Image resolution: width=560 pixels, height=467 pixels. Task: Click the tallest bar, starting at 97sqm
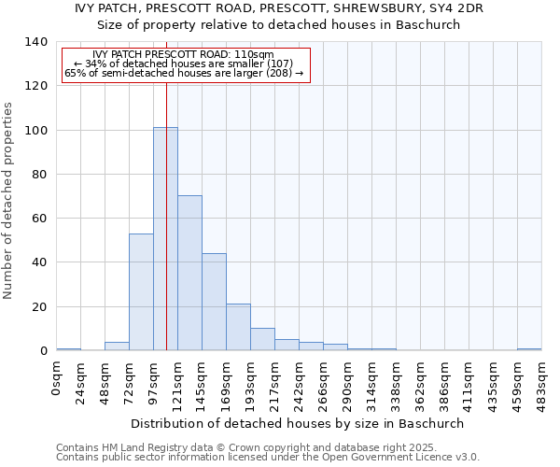(x=165, y=239)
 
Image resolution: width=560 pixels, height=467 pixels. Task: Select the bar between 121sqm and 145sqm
(x=189, y=273)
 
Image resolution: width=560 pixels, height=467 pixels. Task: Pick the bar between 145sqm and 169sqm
(x=214, y=302)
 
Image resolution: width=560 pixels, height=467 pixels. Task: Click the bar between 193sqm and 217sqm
(x=262, y=339)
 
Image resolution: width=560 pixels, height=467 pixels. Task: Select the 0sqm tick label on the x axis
(x=56, y=378)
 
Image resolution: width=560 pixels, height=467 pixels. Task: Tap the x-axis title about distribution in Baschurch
(x=297, y=423)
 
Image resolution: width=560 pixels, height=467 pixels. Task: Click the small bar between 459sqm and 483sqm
(x=529, y=349)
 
